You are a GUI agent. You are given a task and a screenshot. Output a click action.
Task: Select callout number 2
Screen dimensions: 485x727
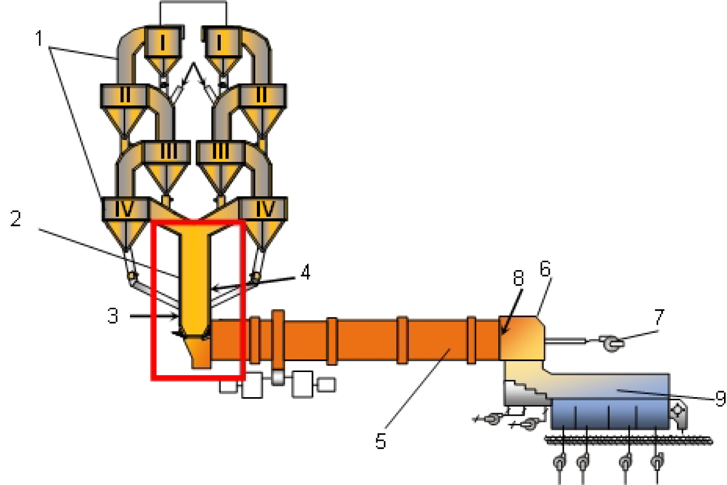(16, 219)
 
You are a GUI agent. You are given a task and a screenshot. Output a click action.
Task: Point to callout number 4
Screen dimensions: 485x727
(305, 273)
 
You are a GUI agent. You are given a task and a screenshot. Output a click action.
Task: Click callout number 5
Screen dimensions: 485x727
(380, 442)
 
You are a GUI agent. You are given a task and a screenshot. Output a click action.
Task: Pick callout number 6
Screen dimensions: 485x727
(545, 269)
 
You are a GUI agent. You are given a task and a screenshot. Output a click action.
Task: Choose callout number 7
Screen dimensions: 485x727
(659, 317)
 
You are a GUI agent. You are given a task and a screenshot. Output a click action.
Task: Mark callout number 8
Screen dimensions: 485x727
(518, 278)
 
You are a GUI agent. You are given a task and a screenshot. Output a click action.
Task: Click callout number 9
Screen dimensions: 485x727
(720, 399)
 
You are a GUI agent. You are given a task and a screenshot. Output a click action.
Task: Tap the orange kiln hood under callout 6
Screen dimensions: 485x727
(522, 338)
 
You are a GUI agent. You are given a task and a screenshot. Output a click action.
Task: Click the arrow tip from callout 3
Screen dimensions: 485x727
(177, 316)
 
